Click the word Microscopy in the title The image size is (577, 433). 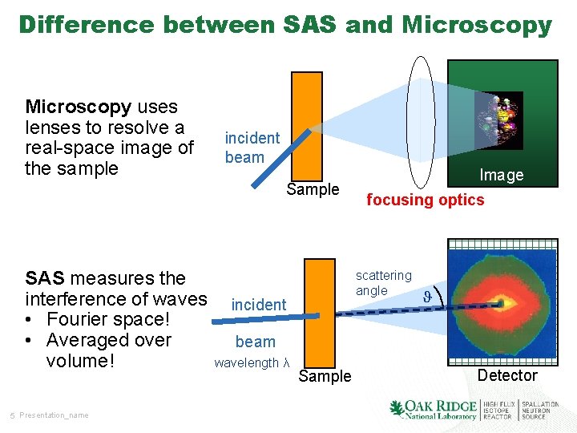point(477,26)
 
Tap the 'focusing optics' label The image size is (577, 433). point(425,200)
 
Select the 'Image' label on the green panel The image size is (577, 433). point(501,175)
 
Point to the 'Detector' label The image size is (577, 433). point(507,375)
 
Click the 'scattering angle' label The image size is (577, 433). point(383,283)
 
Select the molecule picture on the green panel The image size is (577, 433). point(498,119)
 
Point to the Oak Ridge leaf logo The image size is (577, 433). point(397,409)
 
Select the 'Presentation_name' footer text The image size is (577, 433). point(54,415)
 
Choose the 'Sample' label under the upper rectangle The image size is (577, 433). point(313,190)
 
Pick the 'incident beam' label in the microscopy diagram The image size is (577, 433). point(252,148)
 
